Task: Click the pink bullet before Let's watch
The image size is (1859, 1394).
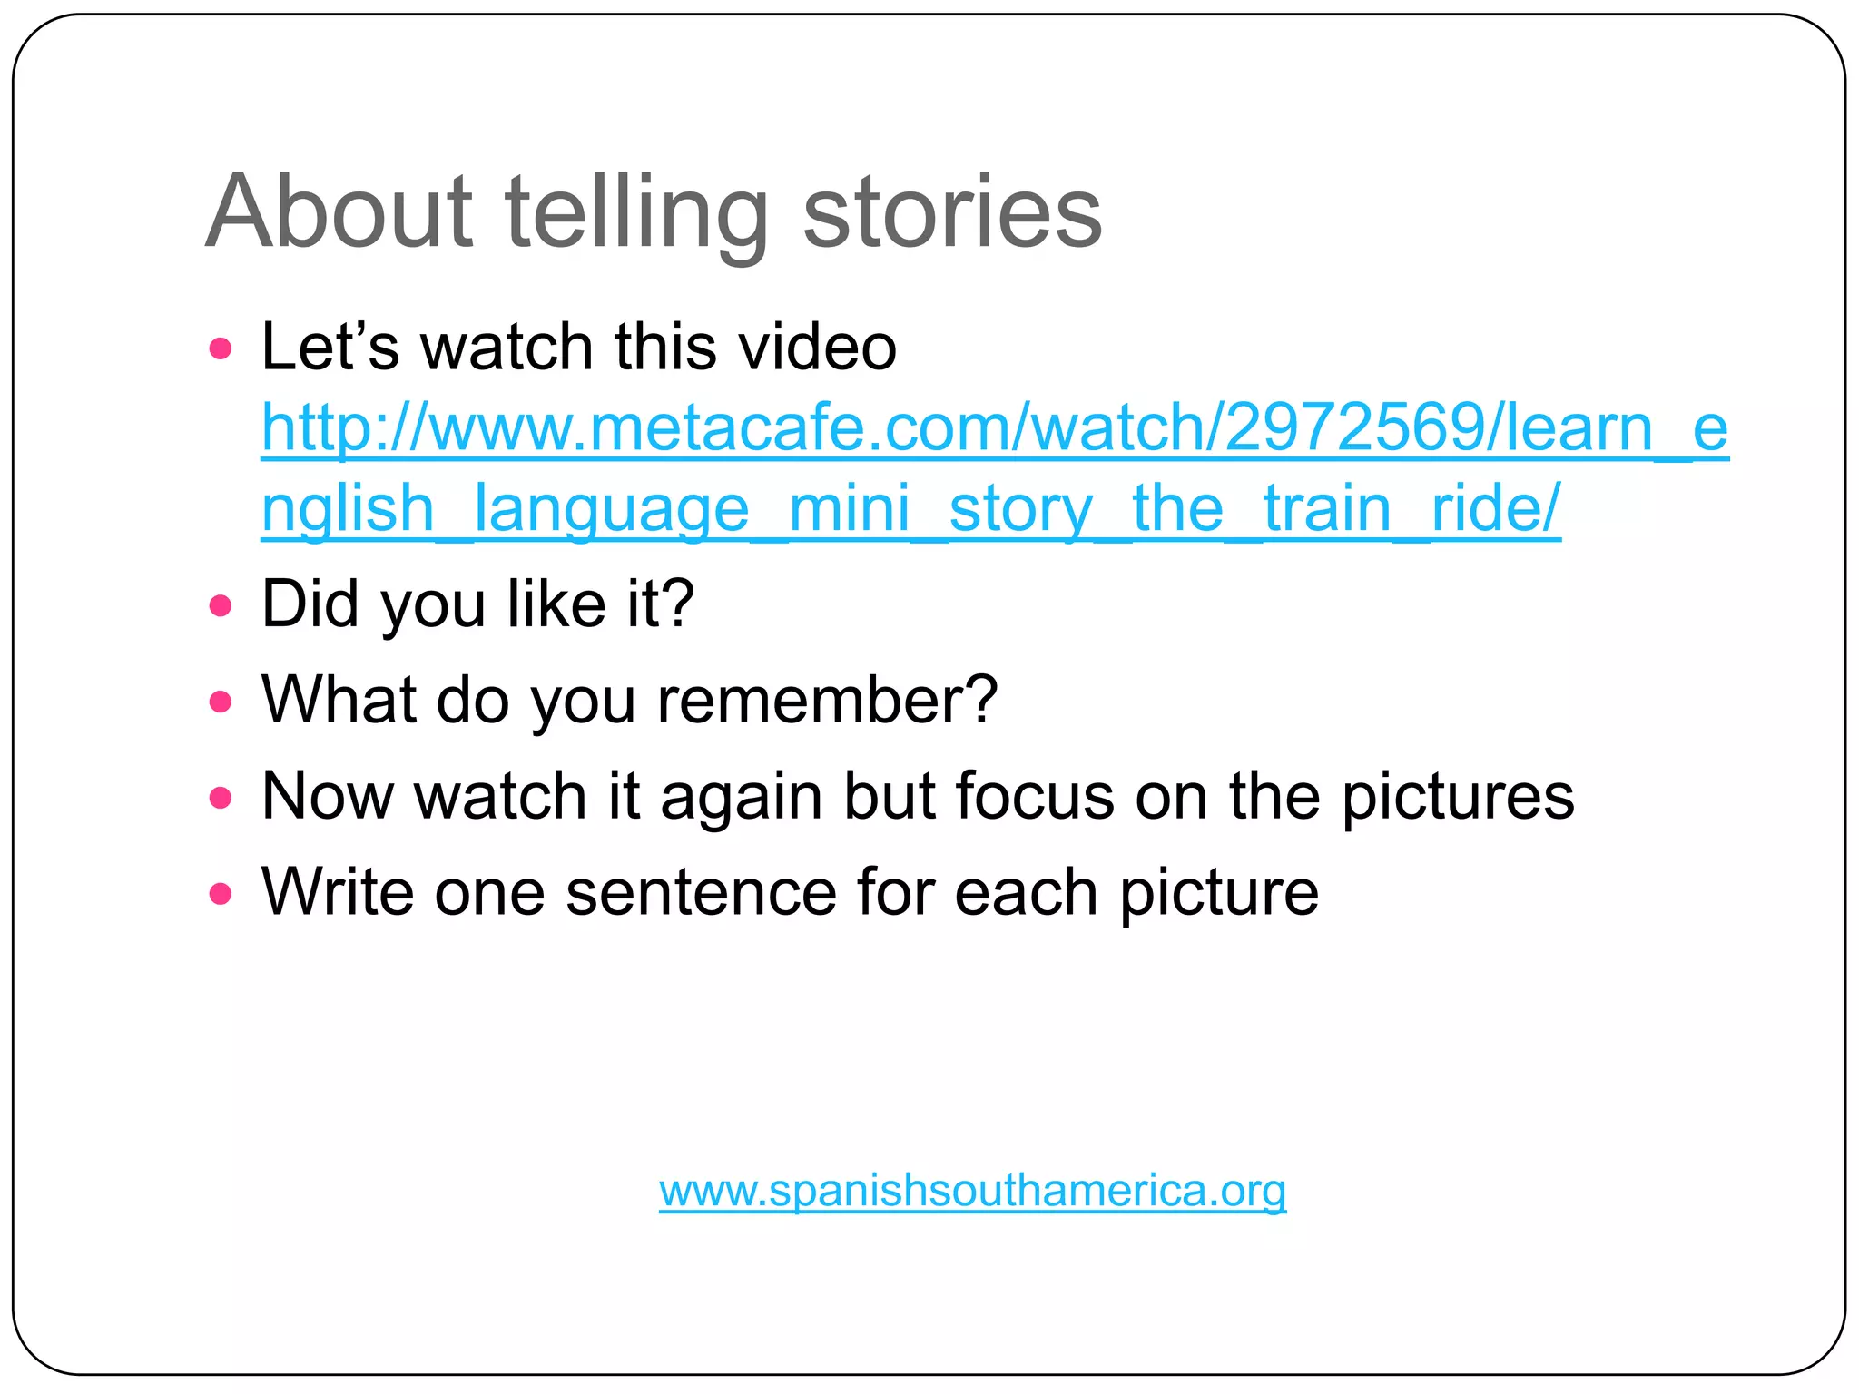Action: coord(221,348)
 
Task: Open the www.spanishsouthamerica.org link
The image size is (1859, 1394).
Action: coord(972,1190)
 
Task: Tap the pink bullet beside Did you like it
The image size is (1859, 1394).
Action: coord(221,605)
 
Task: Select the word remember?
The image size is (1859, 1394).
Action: coord(827,700)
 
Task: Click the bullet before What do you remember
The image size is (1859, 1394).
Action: coord(221,702)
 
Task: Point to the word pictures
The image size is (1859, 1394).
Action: coord(1458,796)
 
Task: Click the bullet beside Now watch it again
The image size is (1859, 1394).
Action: coord(221,798)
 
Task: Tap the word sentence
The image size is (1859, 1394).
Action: coord(701,892)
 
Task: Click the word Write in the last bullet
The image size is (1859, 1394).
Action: coord(338,892)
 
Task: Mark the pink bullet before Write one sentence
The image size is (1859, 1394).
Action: coord(221,894)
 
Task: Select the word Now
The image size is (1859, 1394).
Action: coord(327,796)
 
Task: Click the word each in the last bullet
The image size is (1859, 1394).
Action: coord(1026,892)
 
